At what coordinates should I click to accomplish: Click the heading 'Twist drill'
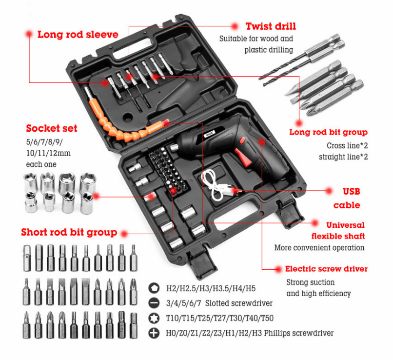[x=271, y=26]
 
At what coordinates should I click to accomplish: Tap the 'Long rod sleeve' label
[x=78, y=34]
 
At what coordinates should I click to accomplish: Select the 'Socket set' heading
[x=52, y=128]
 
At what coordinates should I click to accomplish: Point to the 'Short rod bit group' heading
[x=69, y=232]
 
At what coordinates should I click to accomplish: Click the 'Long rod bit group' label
[x=328, y=132]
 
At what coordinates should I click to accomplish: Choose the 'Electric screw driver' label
[x=326, y=269]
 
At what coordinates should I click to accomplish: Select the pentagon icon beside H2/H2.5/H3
[x=154, y=288]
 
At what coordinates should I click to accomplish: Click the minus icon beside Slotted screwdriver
[x=154, y=303]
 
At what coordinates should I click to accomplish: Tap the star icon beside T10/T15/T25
[x=154, y=318]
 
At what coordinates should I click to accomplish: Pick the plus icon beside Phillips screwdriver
[x=154, y=333]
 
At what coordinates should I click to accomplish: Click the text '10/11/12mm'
[x=48, y=153]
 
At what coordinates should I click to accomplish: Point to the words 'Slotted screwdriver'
[x=238, y=303]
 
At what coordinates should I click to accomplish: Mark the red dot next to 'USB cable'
[x=329, y=191]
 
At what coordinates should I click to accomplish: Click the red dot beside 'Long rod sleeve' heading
[x=29, y=34]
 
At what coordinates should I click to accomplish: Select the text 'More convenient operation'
[x=319, y=248]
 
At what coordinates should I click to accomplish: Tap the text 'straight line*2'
[x=343, y=157]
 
